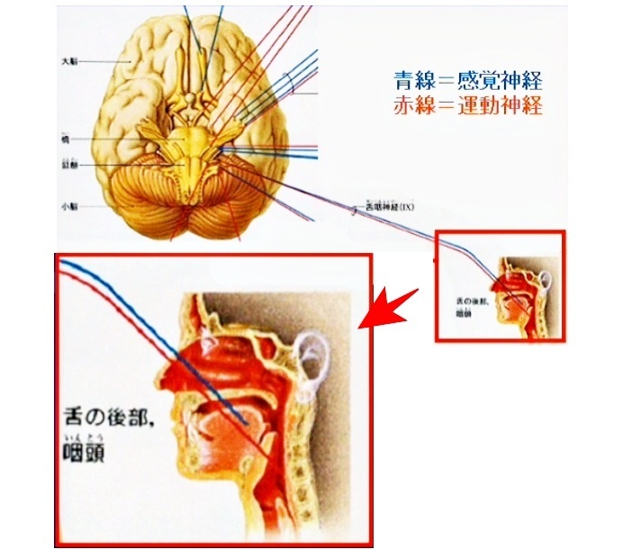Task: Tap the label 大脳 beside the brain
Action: (x=70, y=61)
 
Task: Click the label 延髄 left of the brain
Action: (x=69, y=166)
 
